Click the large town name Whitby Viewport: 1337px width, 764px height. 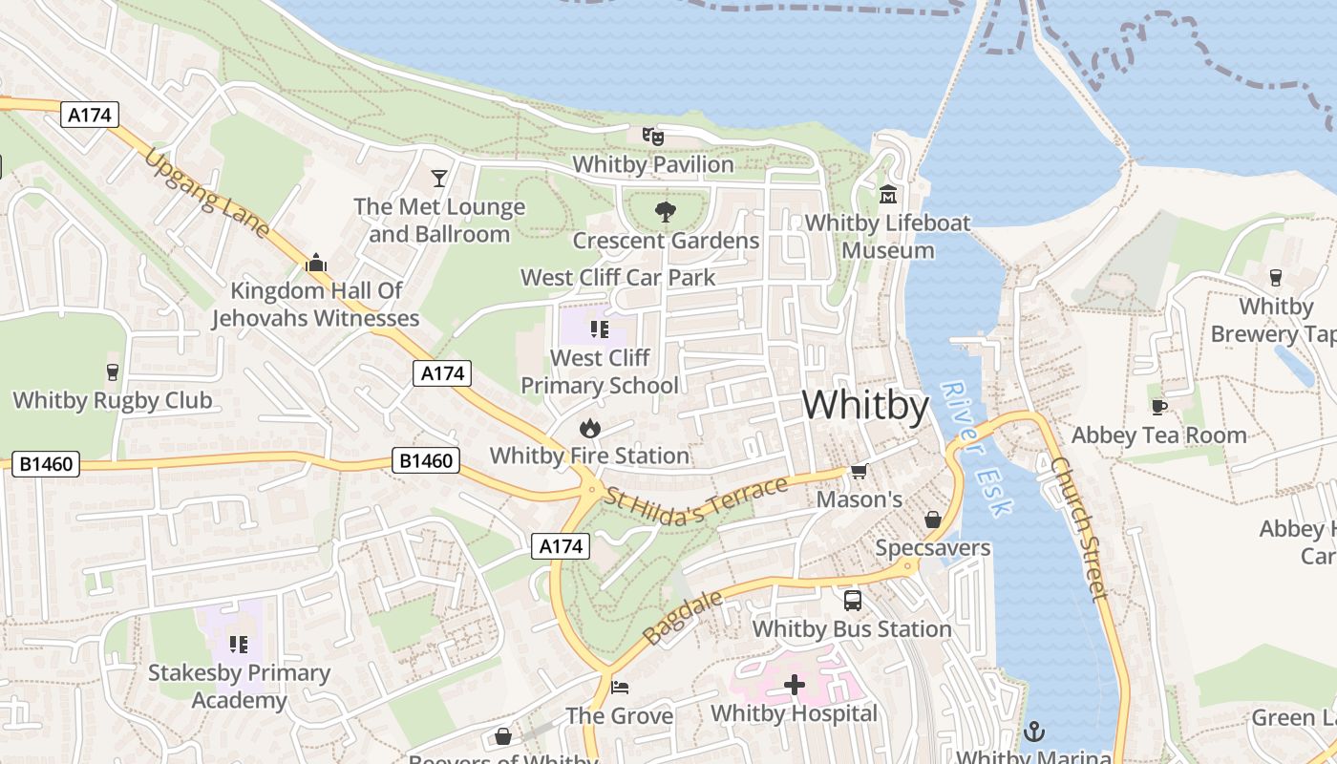865,406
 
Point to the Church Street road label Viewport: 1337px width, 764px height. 1080,528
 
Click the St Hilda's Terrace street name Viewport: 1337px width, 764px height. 696,499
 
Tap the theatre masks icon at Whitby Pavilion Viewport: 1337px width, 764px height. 652,137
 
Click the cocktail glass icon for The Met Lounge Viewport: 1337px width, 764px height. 438,178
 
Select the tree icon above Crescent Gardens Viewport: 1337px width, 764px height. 665,212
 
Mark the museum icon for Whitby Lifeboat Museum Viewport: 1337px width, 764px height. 888,195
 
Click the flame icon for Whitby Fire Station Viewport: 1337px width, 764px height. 589,428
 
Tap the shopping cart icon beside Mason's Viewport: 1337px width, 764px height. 859,471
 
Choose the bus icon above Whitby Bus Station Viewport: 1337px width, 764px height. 852,601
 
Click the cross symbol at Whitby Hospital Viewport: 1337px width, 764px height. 794,685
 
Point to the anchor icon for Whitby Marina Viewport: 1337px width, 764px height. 1033,732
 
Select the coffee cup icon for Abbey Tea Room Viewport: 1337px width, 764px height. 1158,407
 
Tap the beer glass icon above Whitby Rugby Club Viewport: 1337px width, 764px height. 113,371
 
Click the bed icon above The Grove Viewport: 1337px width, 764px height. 620,688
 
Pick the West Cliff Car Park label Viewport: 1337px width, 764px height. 618,278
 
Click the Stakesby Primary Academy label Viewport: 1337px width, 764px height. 239,686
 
